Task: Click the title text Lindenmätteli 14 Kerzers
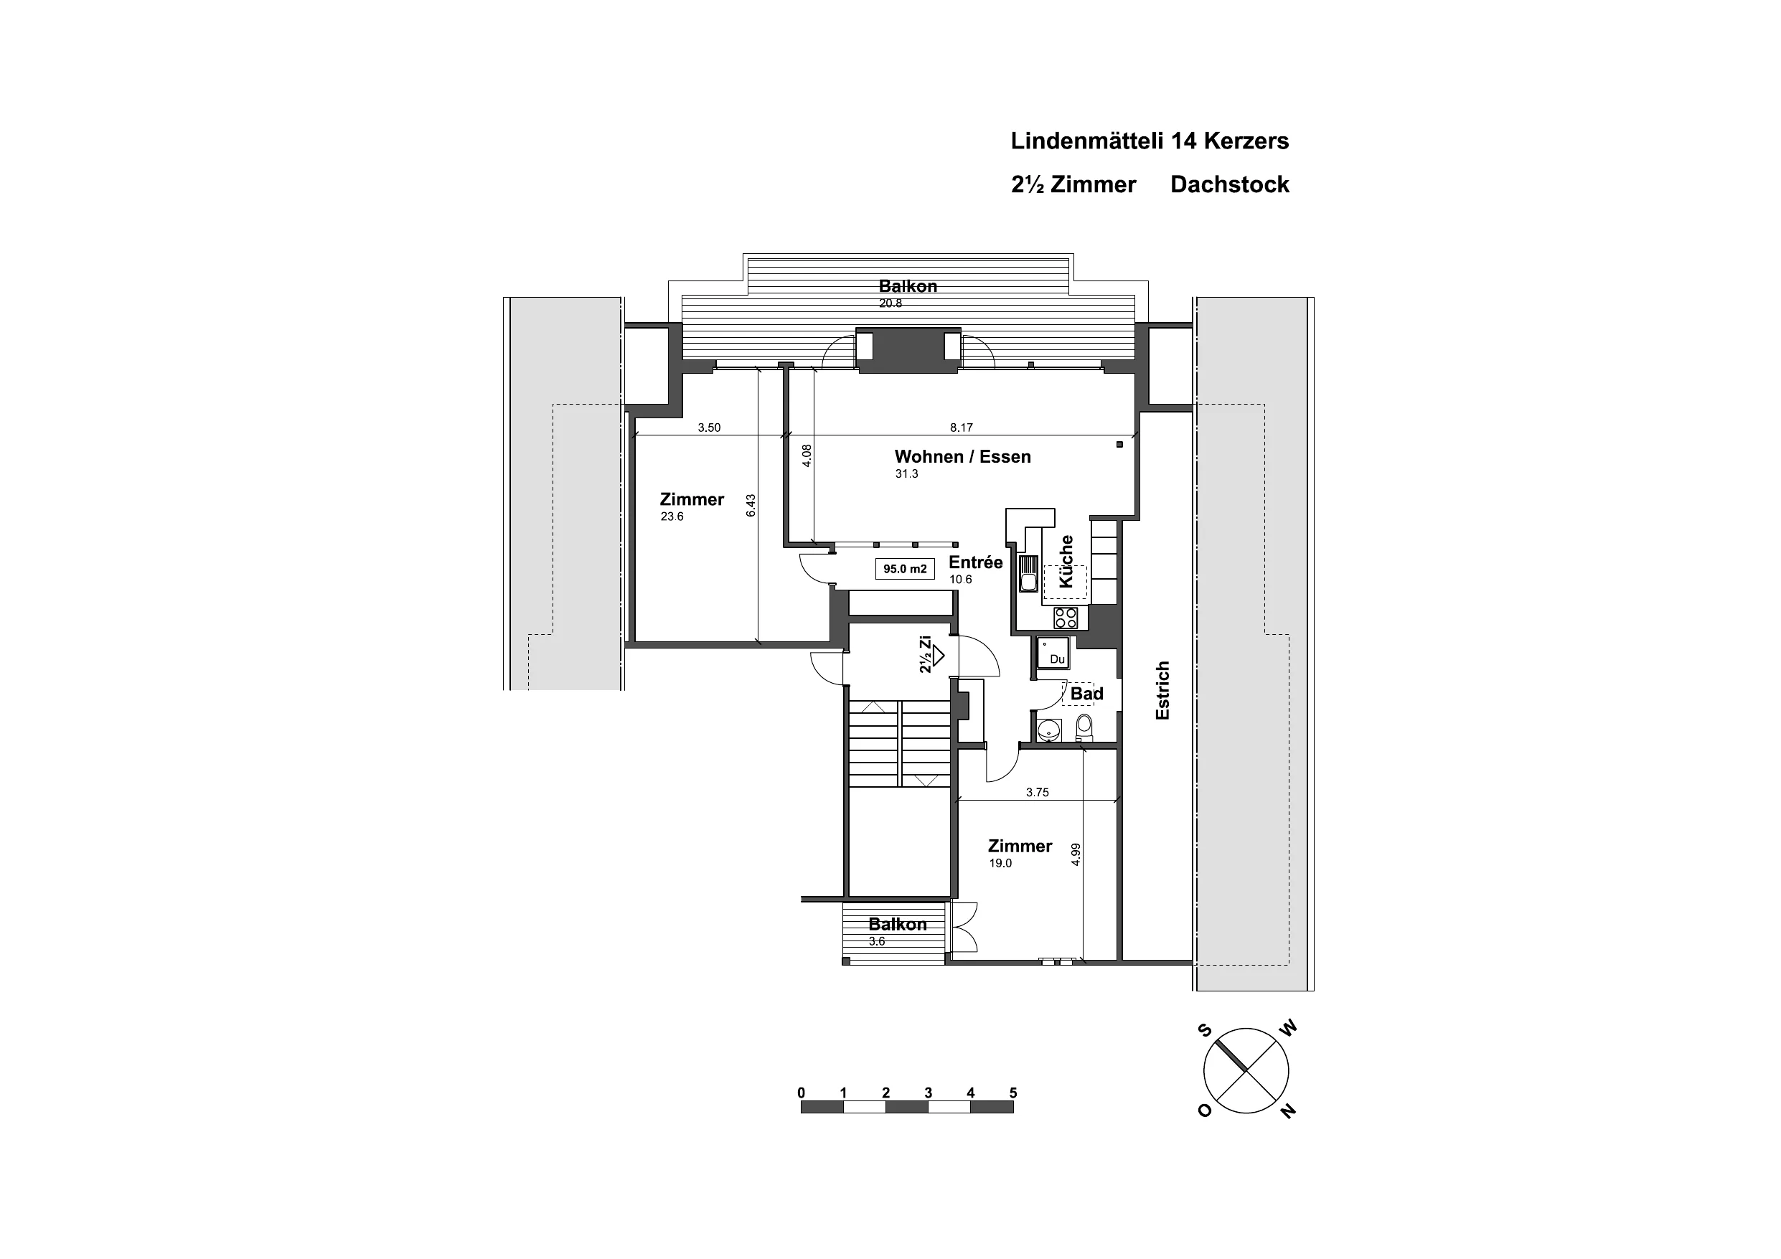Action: pos(1150,141)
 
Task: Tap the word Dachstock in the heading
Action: pos(1229,184)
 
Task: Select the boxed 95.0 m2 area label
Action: pos(904,569)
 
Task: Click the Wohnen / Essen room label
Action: pos(963,456)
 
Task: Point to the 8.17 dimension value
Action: pos(961,428)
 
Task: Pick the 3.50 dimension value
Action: pos(709,428)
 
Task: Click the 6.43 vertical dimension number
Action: pos(750,506)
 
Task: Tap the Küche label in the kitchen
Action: pos(1066,561)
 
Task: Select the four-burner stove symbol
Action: pos(1065,618)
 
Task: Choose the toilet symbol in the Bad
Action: pos(1084,727)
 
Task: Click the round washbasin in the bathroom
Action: pos(1050,729)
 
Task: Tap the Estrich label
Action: pos(1162,690)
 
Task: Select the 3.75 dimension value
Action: pos(1037,793)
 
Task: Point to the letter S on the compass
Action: pos(1205,1030)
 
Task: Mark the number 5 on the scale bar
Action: pos(1013,1093)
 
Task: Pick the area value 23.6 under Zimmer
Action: pos(672,517)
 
